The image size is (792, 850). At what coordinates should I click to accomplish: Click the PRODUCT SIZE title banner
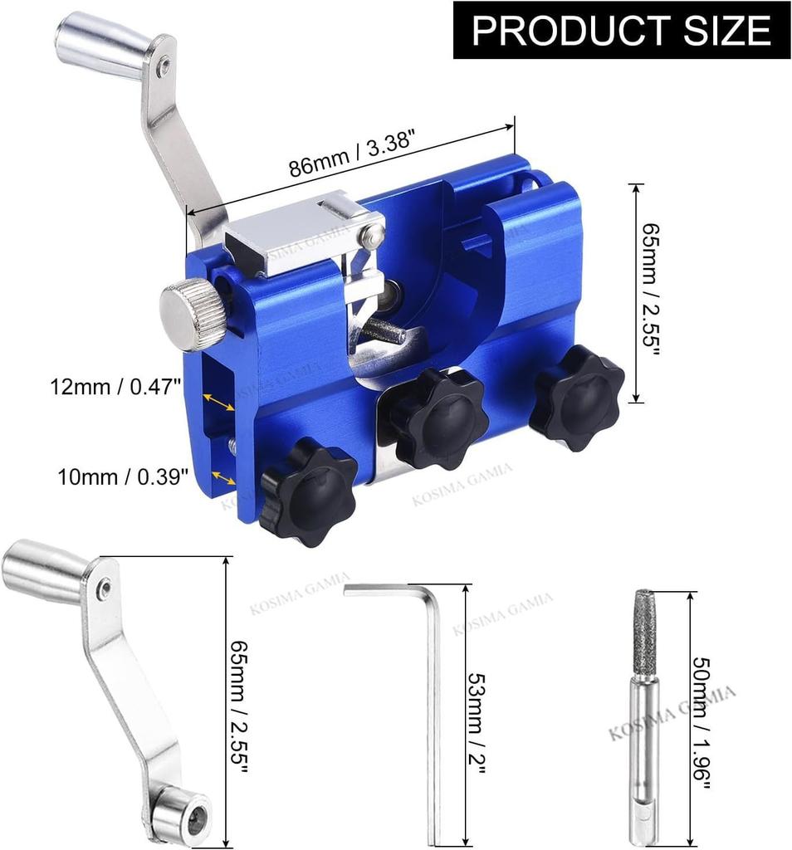click(621, 30)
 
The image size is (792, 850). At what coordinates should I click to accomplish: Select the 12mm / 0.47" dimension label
click(115, 387)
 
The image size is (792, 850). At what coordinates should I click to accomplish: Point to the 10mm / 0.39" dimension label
click(123, 477)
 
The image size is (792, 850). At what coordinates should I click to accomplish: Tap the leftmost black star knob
click(308, 491)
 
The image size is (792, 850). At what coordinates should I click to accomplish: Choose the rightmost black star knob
click(577, 398)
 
